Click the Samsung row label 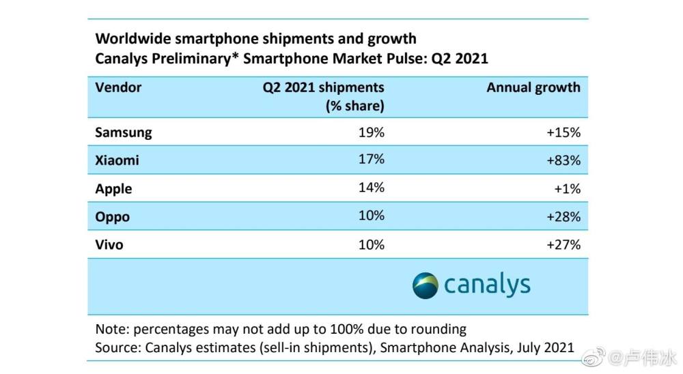[124, 132]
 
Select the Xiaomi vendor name [117, 160]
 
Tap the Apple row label [113, 188]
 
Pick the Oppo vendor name [113, 217]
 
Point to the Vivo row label [109, 244]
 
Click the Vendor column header [119, 87]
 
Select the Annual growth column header [533, 87]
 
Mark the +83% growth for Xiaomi [563, 160]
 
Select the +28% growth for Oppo [563, 217]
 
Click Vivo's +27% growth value [563, 244]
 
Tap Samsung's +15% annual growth [563, 132]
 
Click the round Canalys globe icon [425, 285]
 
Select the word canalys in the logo [487, 285]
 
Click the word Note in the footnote [111, 329]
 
